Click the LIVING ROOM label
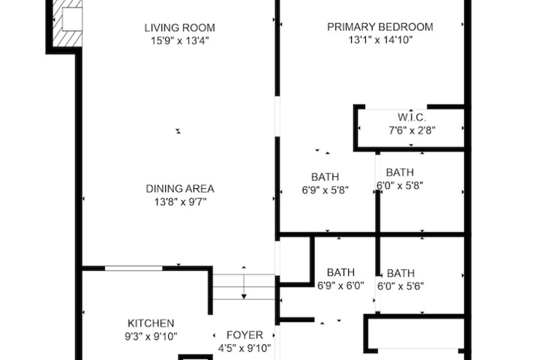(x=179, y=28)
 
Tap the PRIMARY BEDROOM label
(x=380, y=27)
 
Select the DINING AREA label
(x=180, y=189)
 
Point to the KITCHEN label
(x=151, y=323)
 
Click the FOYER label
(x=244, y=334)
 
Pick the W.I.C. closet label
(x=412, y=117)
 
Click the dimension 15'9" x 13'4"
(x=180, y=40)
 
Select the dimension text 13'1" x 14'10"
(x=380, y=40)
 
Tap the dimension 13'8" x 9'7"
(x=181, y=202)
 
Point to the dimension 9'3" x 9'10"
(x=151, y=336)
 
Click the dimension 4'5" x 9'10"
(x=244, y=348)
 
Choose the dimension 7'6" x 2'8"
(x=412, y=130)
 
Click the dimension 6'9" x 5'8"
(x=325, y=190)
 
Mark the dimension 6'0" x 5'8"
(x=400, y=185)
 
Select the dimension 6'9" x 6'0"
(x=340, y=286)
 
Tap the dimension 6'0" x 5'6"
(x=400, y=286)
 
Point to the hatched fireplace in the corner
(x=67, y=23)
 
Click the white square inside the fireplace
(x=72, y=19)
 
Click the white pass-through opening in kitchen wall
(x=133, y=268)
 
